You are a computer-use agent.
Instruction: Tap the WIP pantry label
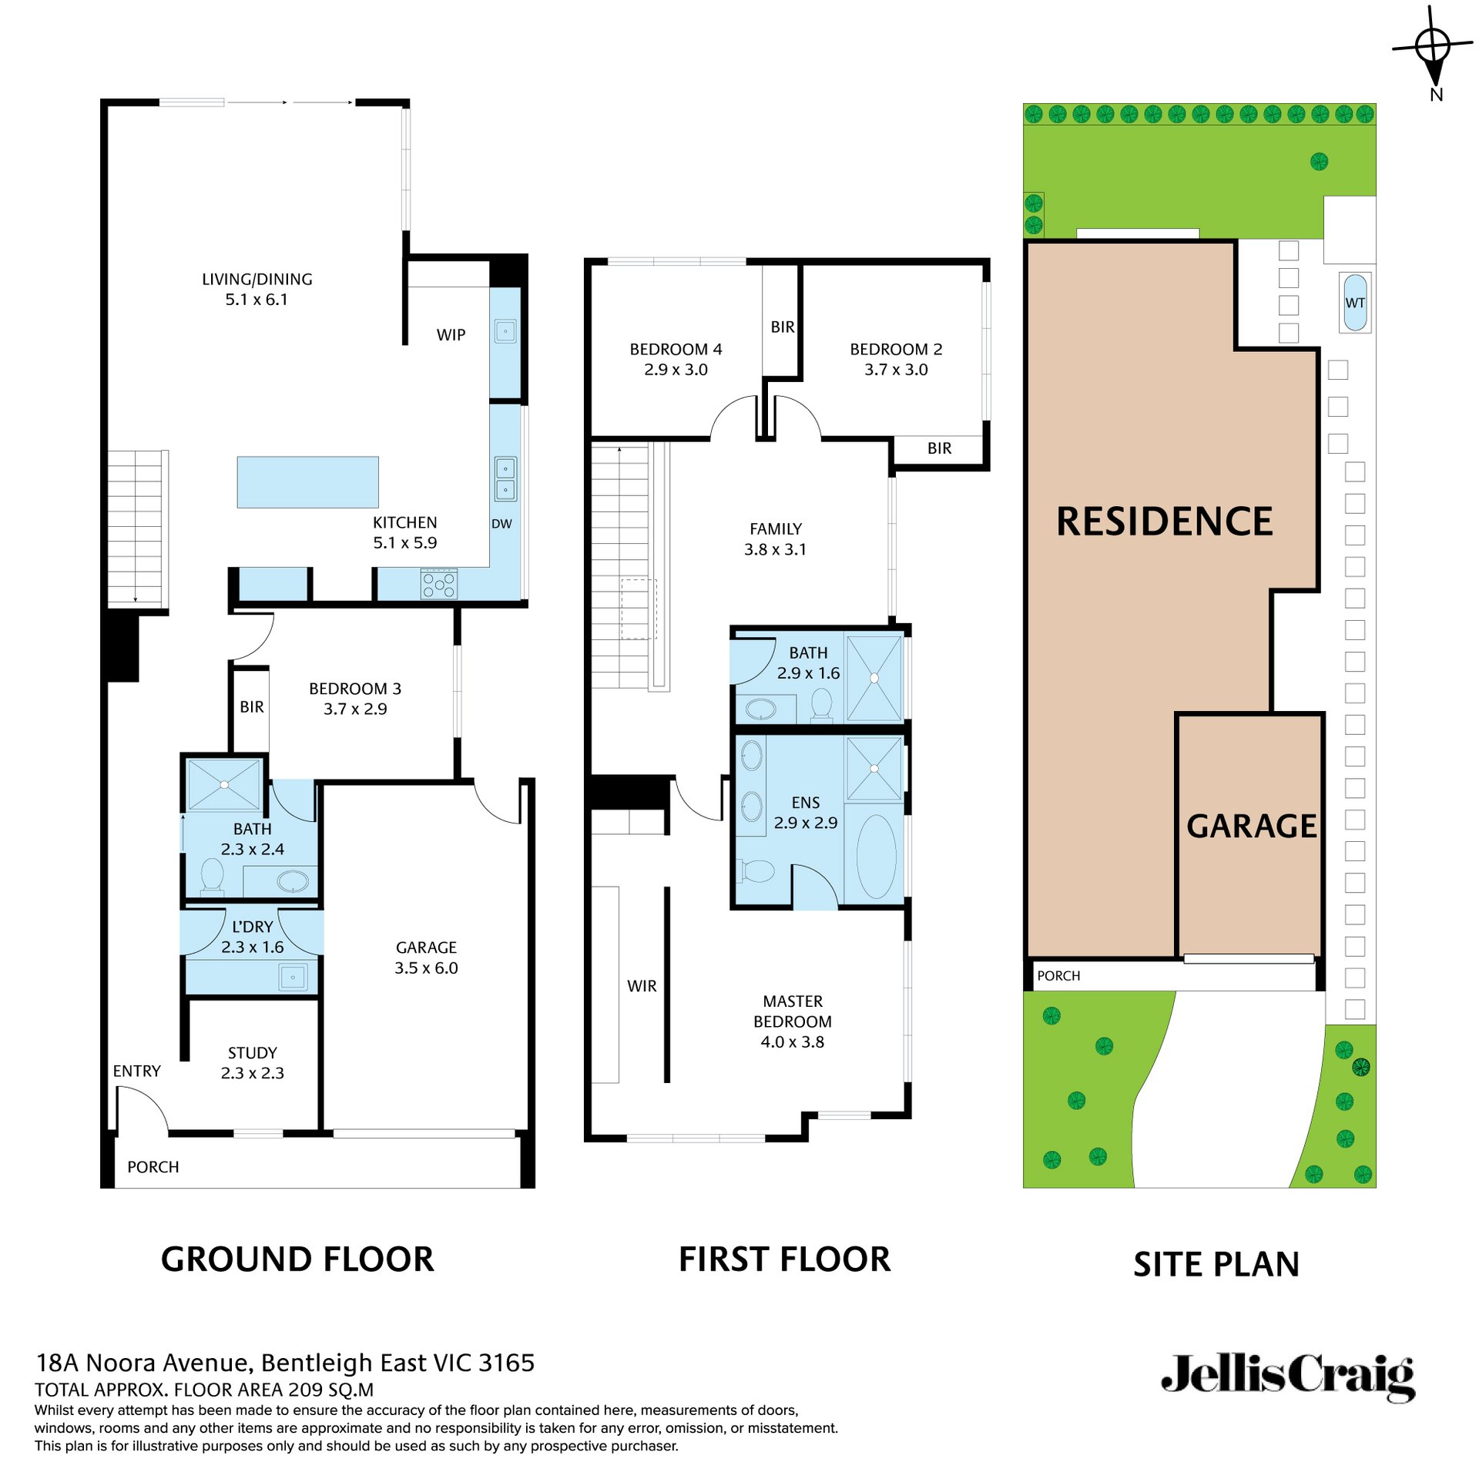[451, 335]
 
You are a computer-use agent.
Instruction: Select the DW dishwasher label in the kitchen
[501, 524]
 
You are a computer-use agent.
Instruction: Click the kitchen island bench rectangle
[307, 482]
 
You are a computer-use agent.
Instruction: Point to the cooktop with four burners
[439, 584]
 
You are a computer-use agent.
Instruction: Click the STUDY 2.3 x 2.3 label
[252, 1063]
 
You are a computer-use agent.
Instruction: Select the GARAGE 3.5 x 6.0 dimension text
[426, 968]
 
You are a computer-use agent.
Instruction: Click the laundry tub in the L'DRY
[293, 978]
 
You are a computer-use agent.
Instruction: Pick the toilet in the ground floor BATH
[212, 877]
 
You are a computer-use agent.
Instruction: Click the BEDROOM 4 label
[676, 349]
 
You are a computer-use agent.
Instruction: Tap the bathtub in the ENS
[876, 856]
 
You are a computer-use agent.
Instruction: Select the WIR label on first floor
[642, 986]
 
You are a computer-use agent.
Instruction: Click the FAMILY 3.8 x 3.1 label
[775, 539]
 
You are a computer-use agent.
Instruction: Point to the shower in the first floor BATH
[874, 678]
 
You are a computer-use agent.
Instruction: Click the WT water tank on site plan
[1355, 303]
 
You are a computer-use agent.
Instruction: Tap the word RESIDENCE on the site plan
[1164, 522]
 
